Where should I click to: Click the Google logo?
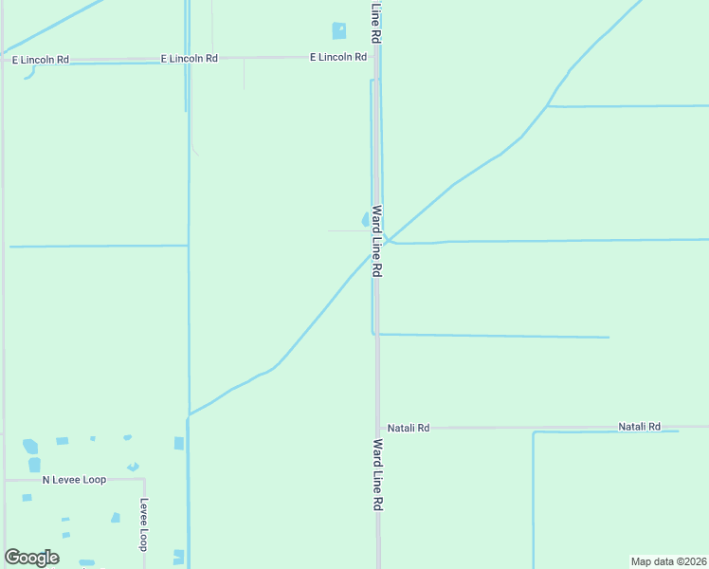[x=32, y=558]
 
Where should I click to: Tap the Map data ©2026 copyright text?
[x=669, y=561]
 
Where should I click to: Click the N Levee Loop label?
[x=74, y=480]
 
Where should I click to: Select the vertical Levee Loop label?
[x=144, y=524]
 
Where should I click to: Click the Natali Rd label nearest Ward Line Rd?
[x=409, y=429]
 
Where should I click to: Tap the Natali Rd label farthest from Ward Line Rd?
[x=639, y=427]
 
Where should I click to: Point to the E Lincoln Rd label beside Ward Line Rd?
[x=338, y=57]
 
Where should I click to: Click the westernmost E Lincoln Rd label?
[x=41, y=60]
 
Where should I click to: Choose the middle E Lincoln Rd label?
[x=190, y=58]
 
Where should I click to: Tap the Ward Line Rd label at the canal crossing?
[x=376, y=241]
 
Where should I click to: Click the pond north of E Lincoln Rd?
[x=339, y=31]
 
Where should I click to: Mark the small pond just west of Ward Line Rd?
[x=366, y=219]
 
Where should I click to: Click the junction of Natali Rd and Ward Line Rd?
[x=378, y=428]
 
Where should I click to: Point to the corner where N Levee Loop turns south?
[x=143, y=480]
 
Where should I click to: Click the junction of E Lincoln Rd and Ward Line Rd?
[x=376, y=57]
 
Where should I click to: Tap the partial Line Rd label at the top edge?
[x=376, y=21]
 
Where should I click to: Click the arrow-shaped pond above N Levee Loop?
[x=133, y=467]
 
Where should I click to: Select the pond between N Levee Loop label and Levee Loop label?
[x=116, y=517]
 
